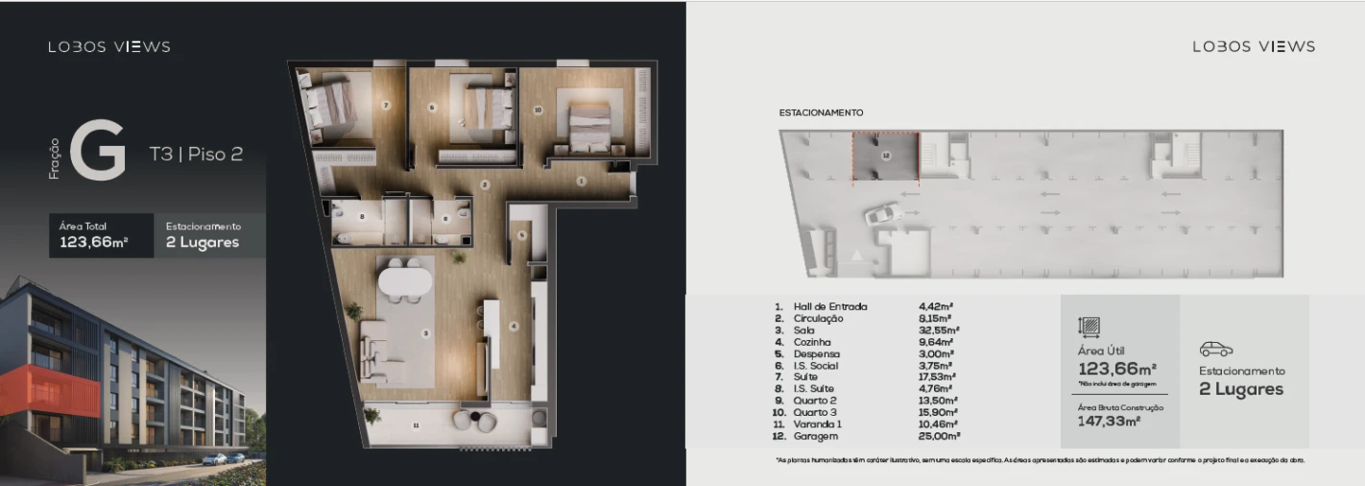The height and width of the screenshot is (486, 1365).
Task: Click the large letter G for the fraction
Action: click(x=98, y=151)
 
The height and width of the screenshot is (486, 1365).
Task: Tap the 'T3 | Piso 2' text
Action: click(x=196, y=154)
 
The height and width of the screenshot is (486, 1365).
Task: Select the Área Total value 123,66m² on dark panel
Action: click(x=94, y=242)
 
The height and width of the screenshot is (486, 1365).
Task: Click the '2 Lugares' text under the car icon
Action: click(x=1241, y=389)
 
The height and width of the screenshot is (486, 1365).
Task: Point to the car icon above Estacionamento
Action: click(x=1216, y=350)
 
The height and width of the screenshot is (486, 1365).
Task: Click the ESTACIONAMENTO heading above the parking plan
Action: click(x=821, y=112)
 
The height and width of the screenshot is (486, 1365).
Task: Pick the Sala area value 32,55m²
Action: click(x=939, y=329)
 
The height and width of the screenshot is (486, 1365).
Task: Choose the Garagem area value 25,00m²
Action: click(x=939, y=435)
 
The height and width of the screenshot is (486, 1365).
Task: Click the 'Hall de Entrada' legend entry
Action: click(x=830, y=306)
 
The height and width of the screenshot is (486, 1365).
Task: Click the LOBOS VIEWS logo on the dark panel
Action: click(x=109, y=46)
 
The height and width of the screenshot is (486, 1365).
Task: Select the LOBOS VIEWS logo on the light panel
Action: click(x=1254, y=46)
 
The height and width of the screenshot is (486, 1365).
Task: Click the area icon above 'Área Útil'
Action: click(x=1090, y=327)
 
